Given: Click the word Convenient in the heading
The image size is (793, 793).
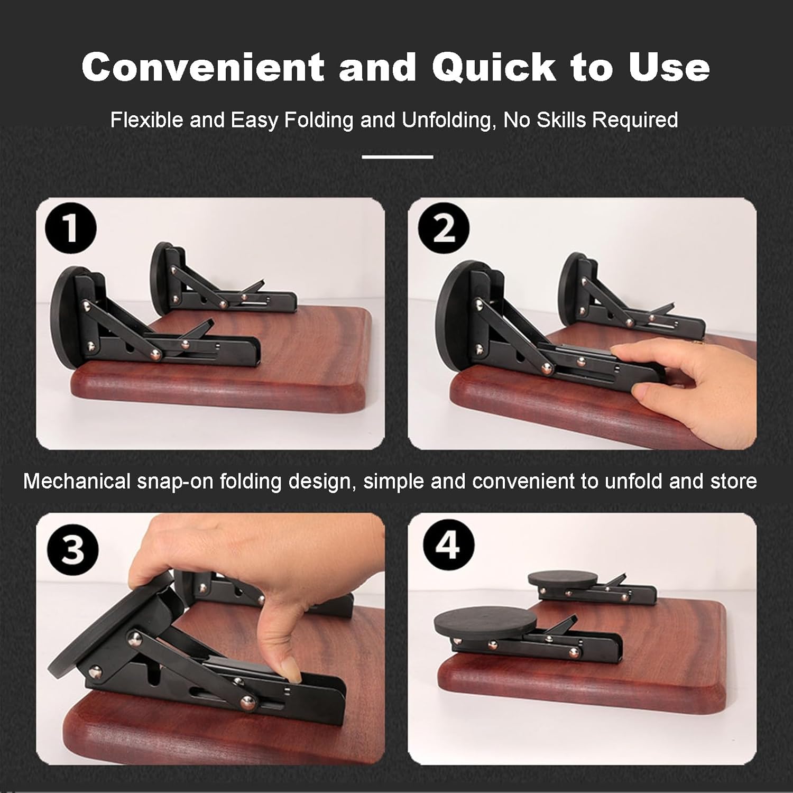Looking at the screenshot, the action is (x=203, y=67).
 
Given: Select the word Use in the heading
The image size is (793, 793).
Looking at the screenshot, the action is (x=668, y=67).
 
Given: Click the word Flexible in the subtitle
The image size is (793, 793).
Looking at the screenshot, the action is (x=147, y=120).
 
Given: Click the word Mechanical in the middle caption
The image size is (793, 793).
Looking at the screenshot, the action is (x=76, y=482).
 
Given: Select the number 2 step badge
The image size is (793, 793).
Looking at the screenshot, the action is (x=444, y=229).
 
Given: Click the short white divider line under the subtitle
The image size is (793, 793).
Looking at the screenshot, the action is (x=398, y=157).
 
